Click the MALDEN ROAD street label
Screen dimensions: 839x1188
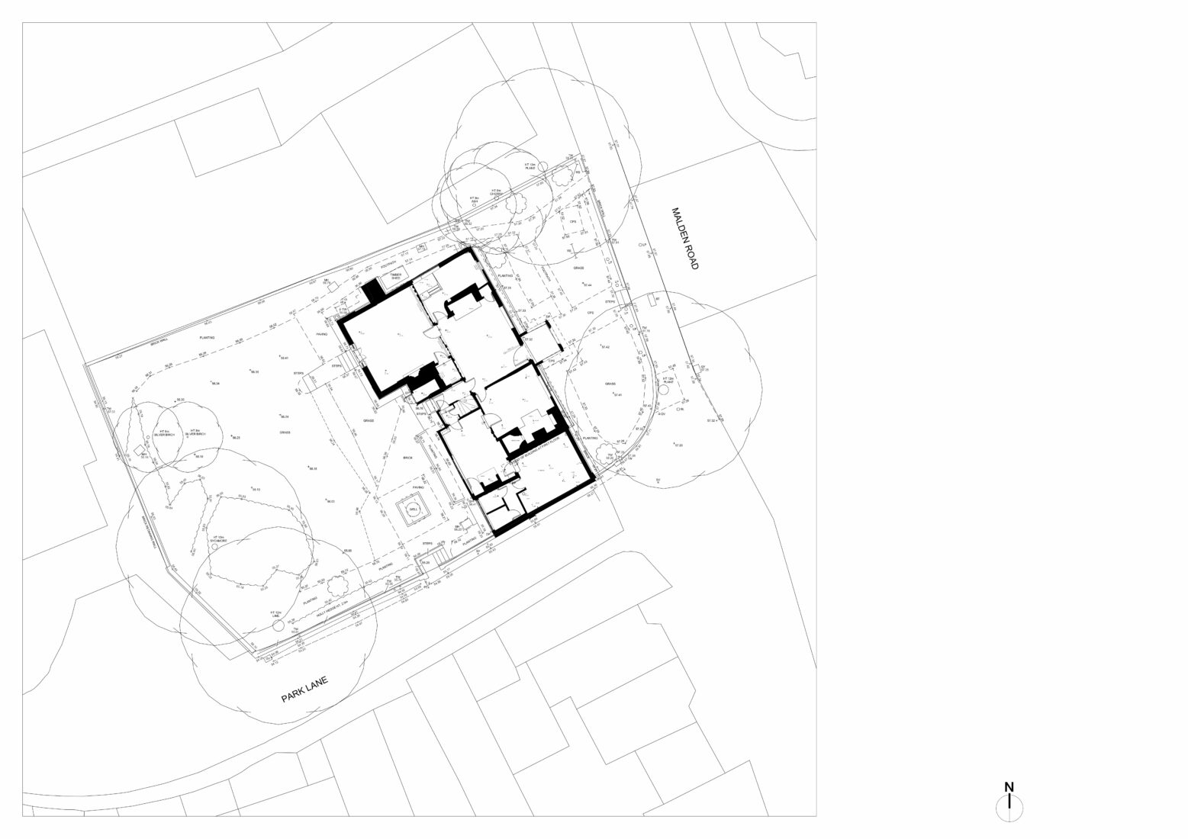684,238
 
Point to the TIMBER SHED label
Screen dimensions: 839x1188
395,277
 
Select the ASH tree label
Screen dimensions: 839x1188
474,199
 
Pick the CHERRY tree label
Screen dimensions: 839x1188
496,192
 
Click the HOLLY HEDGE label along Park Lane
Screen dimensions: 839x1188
333,608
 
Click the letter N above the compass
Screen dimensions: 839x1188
1009,787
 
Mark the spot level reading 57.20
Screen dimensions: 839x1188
678,445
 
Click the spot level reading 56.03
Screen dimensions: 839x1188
330,501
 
